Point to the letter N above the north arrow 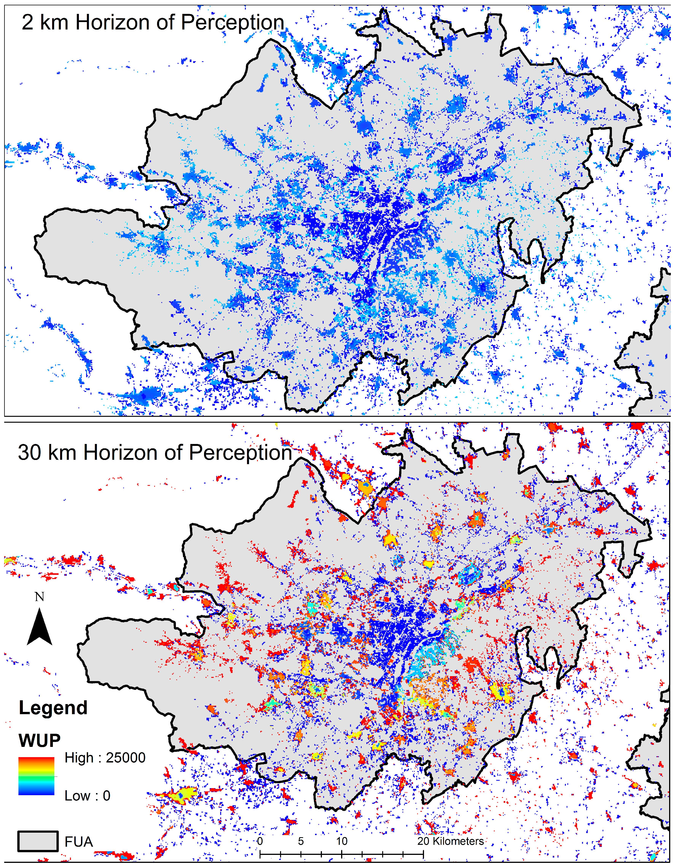(x=39, y=597)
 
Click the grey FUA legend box (x=38, y=841)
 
